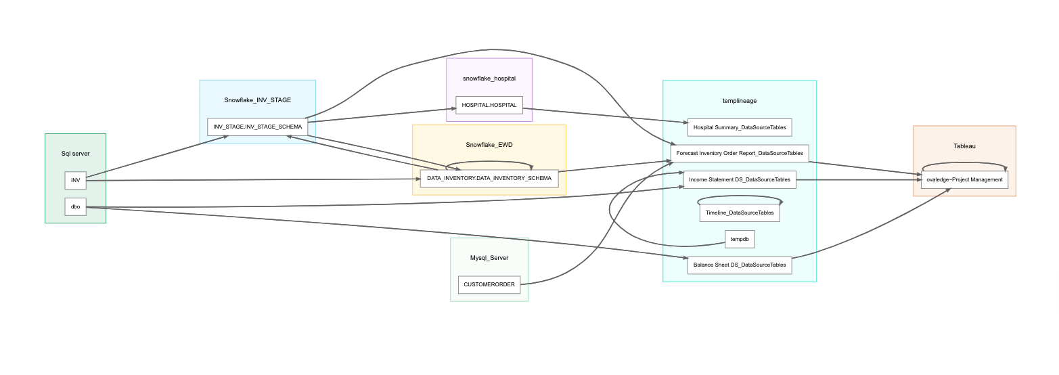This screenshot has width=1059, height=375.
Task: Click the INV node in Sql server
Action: click(75, 180)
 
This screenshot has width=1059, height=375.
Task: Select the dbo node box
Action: click(75, 206)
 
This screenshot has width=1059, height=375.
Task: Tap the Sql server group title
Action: click(75, 154)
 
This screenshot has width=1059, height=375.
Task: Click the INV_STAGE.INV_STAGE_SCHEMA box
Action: click(257, 127)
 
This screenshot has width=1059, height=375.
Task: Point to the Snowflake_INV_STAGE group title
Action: click(257, 100)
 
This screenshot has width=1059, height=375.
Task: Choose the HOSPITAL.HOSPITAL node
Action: click(489, 105)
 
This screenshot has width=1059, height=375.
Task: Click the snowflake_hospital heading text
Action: click(489, 79)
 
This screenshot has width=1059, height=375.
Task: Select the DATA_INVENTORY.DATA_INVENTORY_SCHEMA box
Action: click(489, 178)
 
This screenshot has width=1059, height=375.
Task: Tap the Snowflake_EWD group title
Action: click(489, 145)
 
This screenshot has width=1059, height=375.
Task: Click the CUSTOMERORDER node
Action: click(489, 284)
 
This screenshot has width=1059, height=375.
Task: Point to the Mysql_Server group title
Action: click(489, 258)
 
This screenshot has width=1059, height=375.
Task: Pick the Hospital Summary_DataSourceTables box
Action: click(739, 127)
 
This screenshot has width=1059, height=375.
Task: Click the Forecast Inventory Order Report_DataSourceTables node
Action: click(739, 153)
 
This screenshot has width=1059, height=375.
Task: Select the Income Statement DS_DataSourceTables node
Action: click(739, 179)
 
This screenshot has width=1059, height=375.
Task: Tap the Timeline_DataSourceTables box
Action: click(739, 213)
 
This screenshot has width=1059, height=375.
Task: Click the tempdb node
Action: click(739, 239)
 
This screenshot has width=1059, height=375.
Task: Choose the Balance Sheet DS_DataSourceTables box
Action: click(739, 265)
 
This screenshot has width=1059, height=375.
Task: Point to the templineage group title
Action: click(739, 100)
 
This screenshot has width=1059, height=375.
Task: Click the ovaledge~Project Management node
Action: click(964, 179)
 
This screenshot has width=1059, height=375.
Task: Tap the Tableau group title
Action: click(964, 146)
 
